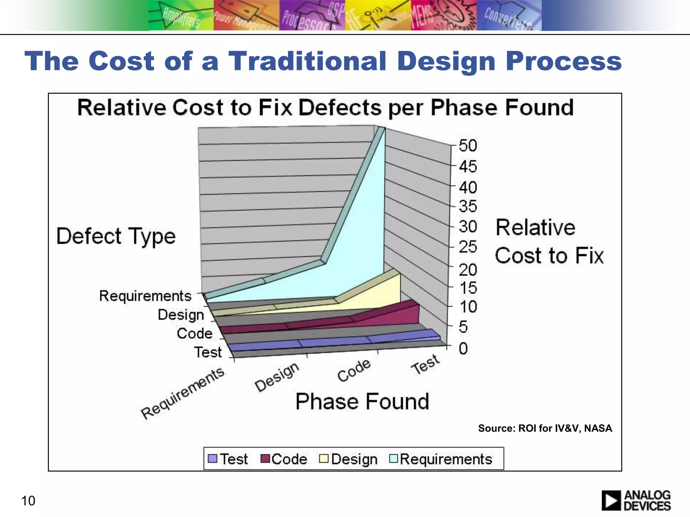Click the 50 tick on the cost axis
coord(468,146)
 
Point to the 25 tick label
coord(468,247)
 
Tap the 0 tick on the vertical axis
coord(463,348)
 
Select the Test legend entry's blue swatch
coord(212,459)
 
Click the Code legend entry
coord(284,459)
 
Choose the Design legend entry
coord(348,459)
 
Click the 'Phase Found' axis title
coord(362,402)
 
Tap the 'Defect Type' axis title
coord(116,236)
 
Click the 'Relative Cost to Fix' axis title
coord(549,241)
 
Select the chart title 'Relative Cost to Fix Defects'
coord(325,108)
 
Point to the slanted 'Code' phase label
coord(354,370)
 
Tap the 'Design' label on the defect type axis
coord(181,315)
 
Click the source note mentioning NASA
coord(545,428)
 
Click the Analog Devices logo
coord(636,501)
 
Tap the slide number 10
coord(28,501)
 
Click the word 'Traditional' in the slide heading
coord(307,61)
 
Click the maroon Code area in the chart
coord(398,316)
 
